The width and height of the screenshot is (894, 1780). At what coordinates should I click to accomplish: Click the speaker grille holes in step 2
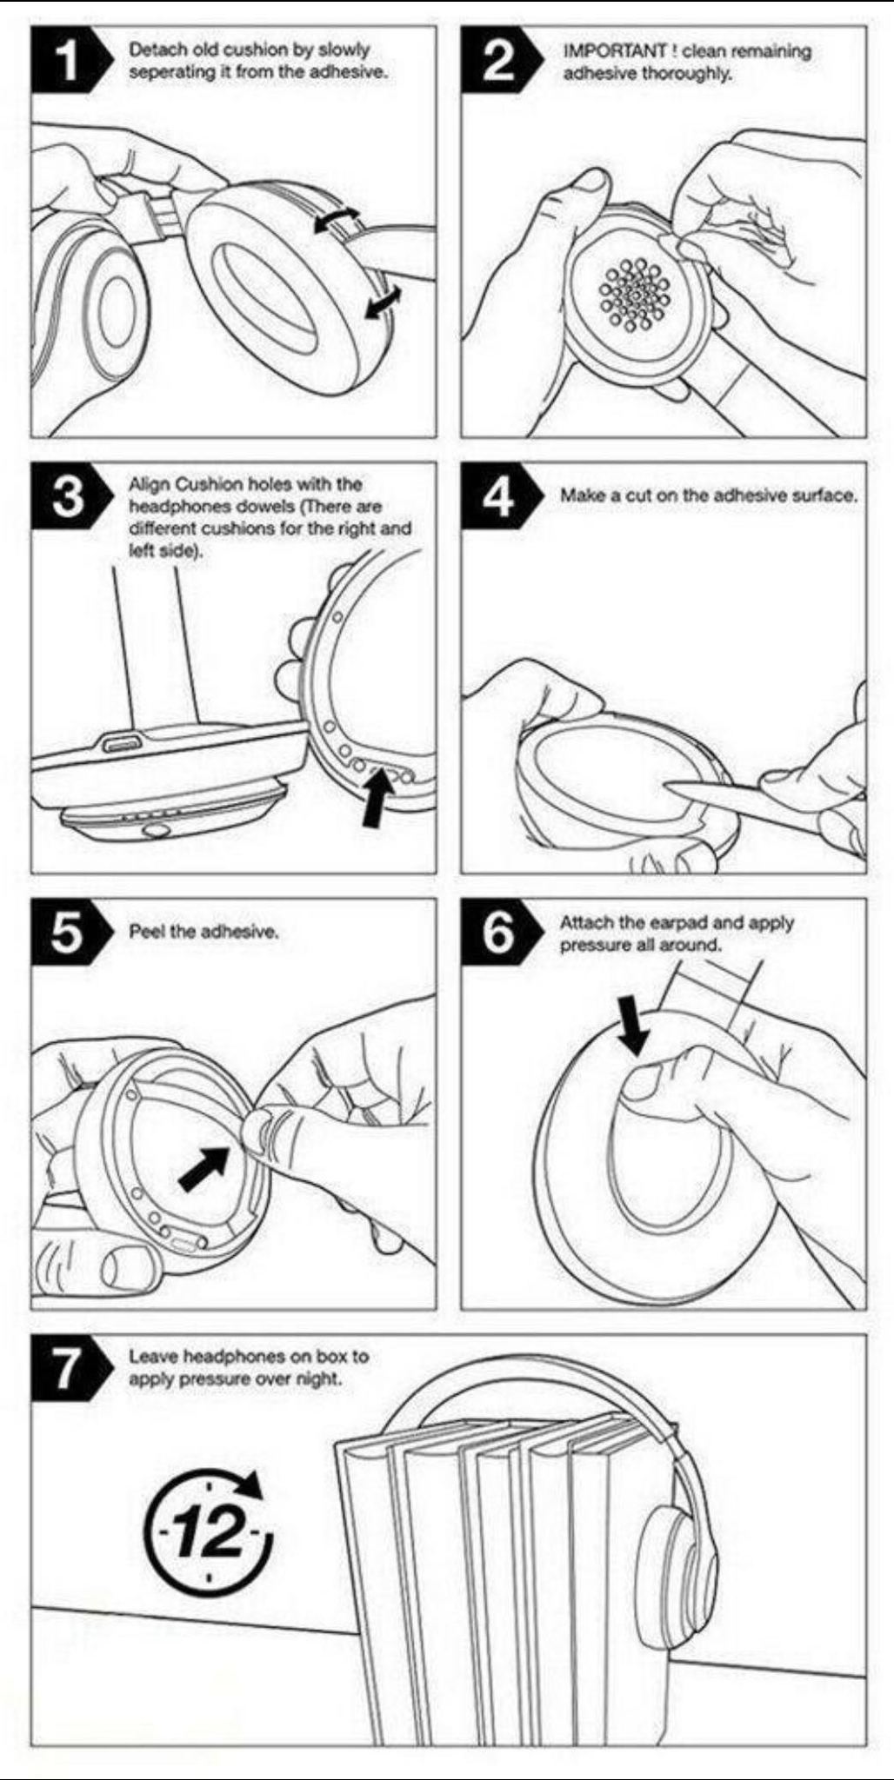point(635,296)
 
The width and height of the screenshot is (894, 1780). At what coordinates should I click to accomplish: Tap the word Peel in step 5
point(144,932)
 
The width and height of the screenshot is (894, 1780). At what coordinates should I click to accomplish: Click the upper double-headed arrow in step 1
point(337,219)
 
